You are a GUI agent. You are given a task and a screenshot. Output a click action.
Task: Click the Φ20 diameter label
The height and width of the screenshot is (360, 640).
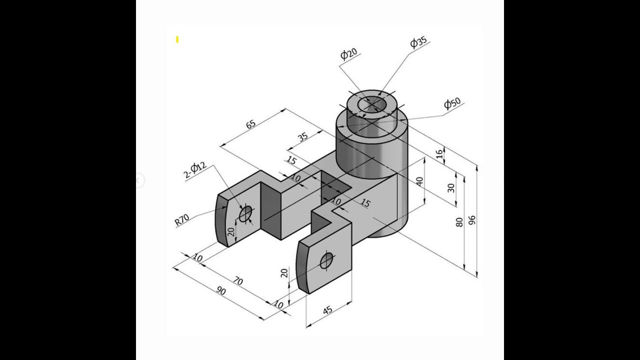(348, 54)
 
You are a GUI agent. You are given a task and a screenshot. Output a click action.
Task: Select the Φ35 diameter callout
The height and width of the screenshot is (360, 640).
(418, 42)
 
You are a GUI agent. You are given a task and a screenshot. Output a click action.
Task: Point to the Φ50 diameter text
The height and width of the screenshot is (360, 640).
(452, 103)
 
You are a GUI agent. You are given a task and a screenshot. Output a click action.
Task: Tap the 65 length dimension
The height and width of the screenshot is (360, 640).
(251, 123)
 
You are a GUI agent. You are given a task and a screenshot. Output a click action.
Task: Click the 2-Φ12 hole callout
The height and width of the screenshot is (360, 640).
(195, 170)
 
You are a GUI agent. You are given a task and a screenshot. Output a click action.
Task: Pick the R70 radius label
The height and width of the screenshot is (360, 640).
(182, 219)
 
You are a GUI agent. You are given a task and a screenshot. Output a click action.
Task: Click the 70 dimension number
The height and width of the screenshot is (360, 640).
(238, 281)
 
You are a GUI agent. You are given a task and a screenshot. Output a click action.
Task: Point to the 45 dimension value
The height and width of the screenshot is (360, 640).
(327, 310)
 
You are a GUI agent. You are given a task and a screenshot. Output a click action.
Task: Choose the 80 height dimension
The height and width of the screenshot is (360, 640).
(459, 222)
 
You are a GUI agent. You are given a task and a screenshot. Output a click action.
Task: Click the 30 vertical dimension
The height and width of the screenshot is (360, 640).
(451, 188)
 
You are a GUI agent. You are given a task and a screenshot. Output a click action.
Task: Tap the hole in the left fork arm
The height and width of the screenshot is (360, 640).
(245, 214)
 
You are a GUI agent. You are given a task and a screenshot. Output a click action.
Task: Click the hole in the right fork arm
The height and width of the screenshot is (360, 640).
(326, 260)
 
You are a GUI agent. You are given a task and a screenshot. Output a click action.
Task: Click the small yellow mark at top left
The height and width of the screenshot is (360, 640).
(177, 39)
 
